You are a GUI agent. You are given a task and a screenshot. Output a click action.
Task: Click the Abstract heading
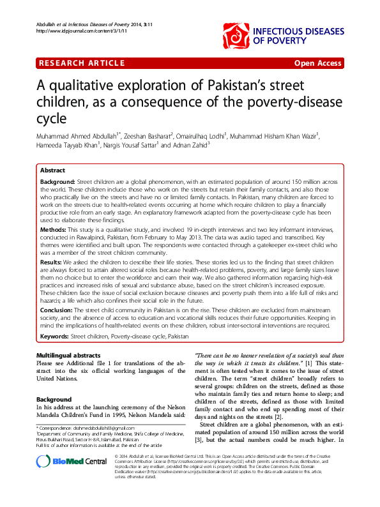pyautogui.click(x=52, y=171)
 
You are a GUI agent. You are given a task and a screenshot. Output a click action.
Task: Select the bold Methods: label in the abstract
pyautogui.click(x=53, y=229)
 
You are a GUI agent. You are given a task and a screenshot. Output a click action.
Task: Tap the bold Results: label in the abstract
pyautogui.click(x=51, y=262)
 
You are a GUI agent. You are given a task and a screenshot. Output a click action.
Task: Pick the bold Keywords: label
pyautogui.click(x=55, y=335)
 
